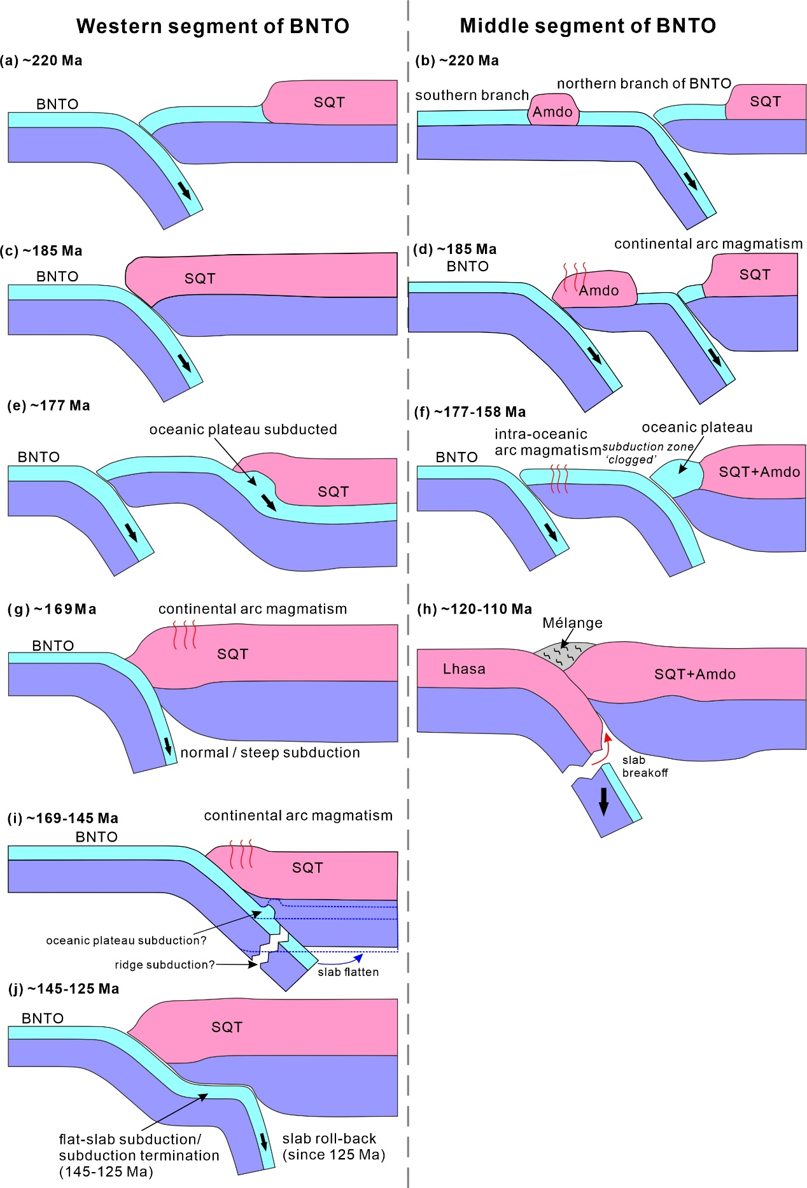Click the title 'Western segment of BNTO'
[213, 26]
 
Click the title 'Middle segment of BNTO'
[587, 25]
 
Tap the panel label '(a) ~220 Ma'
[42, 60]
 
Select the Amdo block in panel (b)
[552, 111]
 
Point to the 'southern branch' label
[472, 95]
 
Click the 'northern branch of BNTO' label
[643, 83]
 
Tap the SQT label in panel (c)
[200, 278]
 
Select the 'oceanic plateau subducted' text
[243, 429]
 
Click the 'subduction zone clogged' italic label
[647, 453]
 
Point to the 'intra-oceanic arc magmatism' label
[547, 442]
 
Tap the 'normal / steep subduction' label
[270, 753]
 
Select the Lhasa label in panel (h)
[464, 668]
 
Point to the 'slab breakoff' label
[644, 766]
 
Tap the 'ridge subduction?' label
[165, 965]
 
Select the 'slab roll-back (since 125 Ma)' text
[333, 1147]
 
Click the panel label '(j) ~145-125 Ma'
[64, 989]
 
